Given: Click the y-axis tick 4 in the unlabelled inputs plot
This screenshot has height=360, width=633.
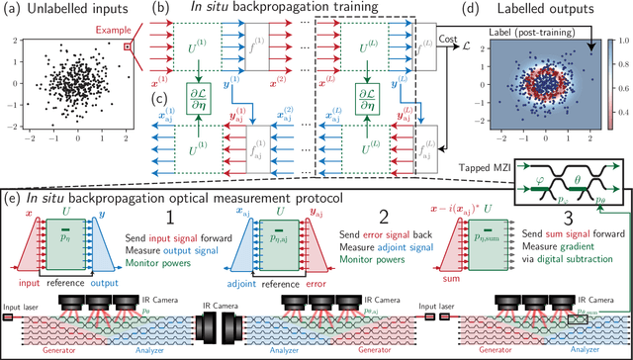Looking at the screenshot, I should [x=13, y=37].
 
